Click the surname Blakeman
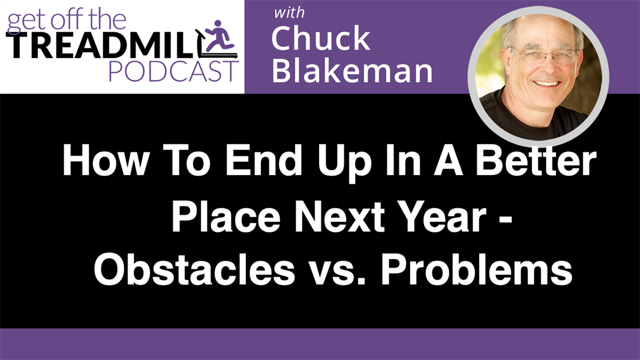(x=352, y=71)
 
